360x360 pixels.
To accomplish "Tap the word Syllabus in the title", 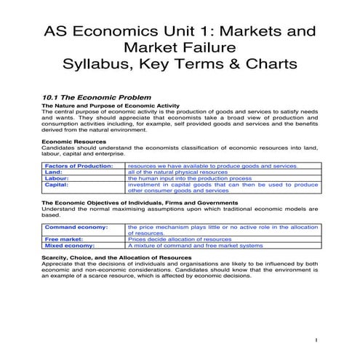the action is tap(100, 64).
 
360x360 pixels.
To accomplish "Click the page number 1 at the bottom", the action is tap(316, 339).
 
